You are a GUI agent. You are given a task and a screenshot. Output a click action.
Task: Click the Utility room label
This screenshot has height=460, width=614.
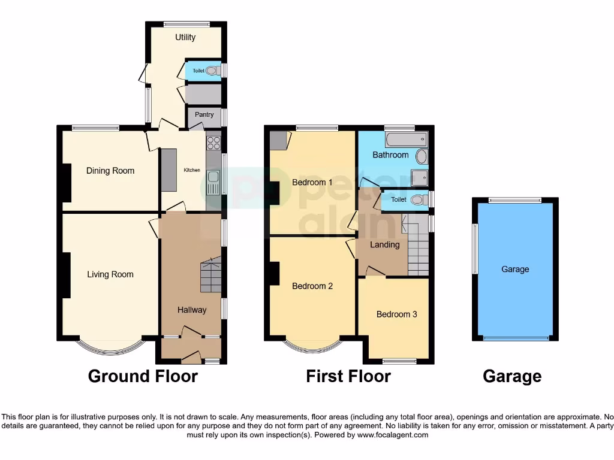(x=185, y=37)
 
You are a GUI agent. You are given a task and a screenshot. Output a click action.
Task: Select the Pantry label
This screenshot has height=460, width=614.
(x=204, y=114)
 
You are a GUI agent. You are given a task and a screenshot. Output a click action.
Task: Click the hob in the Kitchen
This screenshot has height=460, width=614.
(x=213, y=143)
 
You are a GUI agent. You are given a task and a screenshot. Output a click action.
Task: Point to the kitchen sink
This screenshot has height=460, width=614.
(x=213, y=180)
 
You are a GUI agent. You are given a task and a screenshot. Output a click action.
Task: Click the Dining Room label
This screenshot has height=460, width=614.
(x=110, y=171)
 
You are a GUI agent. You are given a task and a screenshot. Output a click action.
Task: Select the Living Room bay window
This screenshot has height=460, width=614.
(x=110, y=348)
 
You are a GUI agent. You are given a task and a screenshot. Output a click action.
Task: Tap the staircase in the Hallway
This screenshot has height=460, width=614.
(x=210, y=276)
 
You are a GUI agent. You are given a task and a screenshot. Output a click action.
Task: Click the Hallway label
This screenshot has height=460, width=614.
(x=192, y=310)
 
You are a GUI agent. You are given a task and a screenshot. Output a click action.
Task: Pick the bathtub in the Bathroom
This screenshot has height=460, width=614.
(x=407, y=140)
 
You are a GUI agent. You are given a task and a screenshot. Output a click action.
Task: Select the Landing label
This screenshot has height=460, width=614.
(x=384, y=244)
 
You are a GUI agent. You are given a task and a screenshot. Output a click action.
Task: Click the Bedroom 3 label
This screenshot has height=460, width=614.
(x=396, y=314)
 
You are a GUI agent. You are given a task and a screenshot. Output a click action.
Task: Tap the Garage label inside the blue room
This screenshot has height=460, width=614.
(x=515, y=269)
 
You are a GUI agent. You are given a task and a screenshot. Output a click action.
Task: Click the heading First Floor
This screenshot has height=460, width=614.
(x=348, y=376)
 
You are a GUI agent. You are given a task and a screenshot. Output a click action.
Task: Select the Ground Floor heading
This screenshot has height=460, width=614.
(x=143, y=376)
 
